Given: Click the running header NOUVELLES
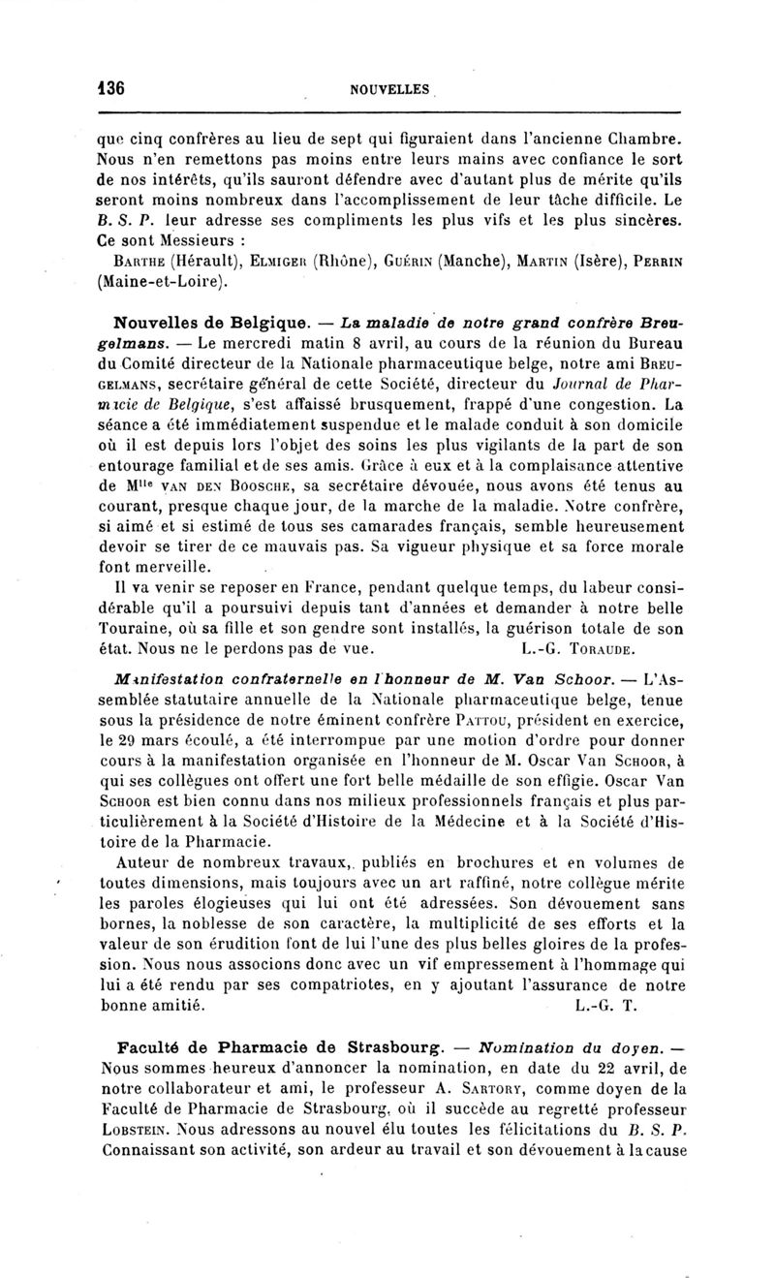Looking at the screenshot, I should [x=389, y=89].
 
